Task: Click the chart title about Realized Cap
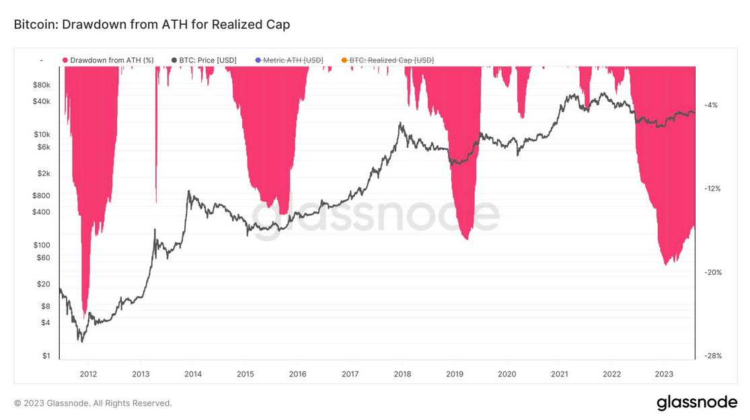[x=151, y=24]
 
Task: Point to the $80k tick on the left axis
[x=42, y=85]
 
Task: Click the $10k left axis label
[x=42, y=134]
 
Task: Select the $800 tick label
[x=42, y=196]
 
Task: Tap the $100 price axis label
[x=42, y=245]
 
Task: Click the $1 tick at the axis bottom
[x=46, y=356]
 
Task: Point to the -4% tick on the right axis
[x=710, y=105]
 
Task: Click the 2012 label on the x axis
[x=88, y=374]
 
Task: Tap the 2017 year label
[x=350, y=374]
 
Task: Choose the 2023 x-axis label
[x=664, y=374]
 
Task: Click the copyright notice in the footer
[x=93, y=403]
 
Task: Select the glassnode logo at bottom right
[x=697, y=403]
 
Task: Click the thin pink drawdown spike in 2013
[x=156, y=134]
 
